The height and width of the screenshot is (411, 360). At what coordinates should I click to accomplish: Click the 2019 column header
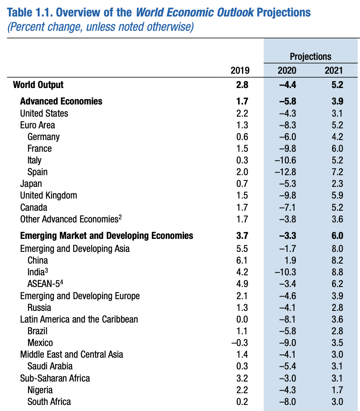[240, 70]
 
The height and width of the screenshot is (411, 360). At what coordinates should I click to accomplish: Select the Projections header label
[311, 56]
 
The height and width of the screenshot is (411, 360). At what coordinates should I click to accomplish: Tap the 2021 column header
[334, 70]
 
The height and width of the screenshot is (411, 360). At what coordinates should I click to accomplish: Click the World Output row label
[38, 85]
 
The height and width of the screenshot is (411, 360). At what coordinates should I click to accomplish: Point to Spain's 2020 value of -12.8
[285, 172]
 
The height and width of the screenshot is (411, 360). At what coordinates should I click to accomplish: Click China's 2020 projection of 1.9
[290, 260]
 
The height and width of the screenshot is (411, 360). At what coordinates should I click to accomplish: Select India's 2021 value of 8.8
[337, 272]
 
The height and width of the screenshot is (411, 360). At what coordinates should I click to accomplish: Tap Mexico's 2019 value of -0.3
[240, 342]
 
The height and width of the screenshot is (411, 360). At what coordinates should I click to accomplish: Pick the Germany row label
[43, 137]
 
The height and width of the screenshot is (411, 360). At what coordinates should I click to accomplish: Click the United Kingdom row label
[49, 196]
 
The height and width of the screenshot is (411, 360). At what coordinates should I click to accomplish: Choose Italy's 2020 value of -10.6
[285, 160]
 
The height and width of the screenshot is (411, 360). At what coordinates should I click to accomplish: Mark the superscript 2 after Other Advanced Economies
[120, 217]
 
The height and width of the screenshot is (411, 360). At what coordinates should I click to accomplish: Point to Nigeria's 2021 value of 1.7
[337, 390]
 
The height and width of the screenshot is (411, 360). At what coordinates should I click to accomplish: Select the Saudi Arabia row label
[50, 366]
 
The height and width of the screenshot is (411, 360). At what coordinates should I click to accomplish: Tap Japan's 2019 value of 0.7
[242, 183]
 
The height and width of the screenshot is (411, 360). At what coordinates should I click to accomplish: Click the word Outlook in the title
[235, 12]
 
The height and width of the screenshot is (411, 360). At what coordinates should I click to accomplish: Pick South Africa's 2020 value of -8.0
[288, 401]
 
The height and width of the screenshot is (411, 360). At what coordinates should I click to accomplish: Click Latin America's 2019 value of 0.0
[242, 319]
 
